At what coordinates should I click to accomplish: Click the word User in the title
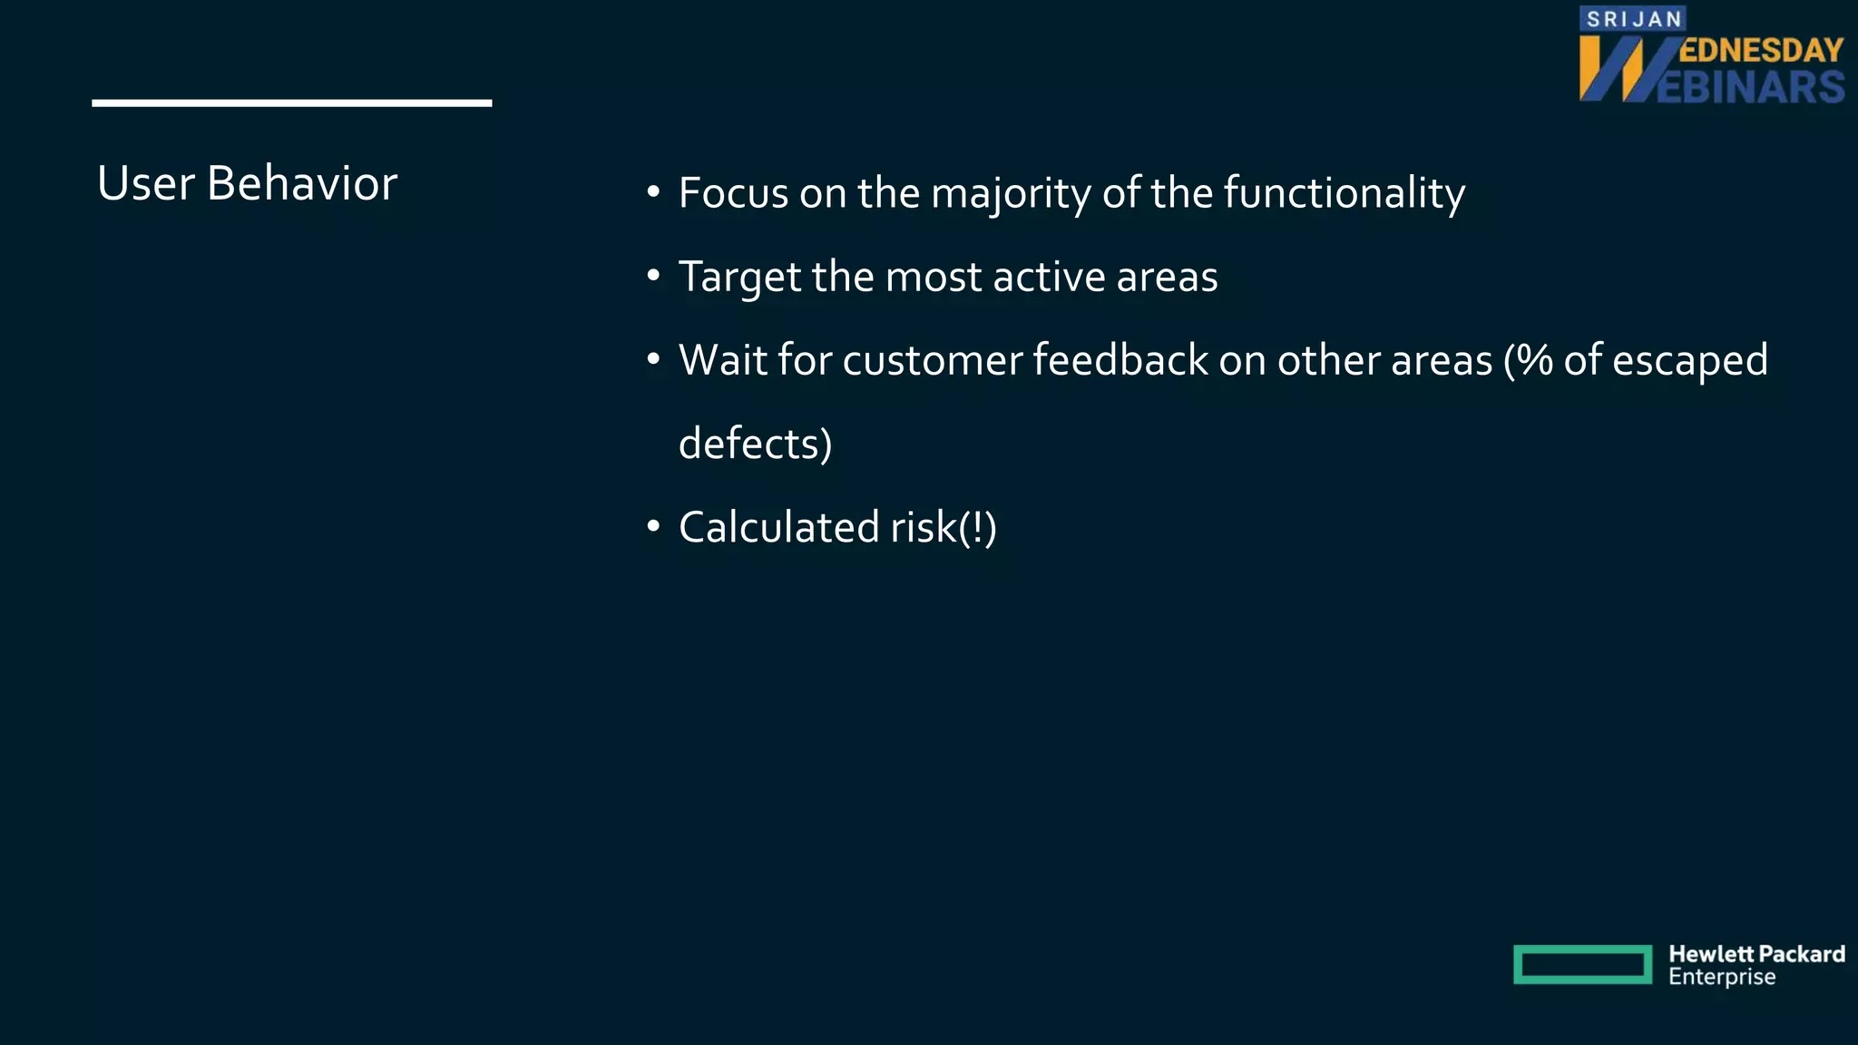pyautogui.click(x=145, y=183)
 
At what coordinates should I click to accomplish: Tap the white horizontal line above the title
pyautogui.click(x=291, y=103)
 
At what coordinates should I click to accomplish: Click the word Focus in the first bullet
pyautogui.click(x=733, y=193)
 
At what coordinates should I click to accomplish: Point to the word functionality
pyautogui.click(x=1344, y=193)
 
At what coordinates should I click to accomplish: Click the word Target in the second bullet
pyautogui.click(x=738, y=278)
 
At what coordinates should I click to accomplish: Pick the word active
pyautogui.click(x=1049, y=277)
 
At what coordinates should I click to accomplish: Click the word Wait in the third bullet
pyautogui.click(x=722, y=360)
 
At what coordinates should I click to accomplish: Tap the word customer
pyautogui.click(x=933, y=361)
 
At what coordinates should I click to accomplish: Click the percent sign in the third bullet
pyautogui.click(x=1535, y=360)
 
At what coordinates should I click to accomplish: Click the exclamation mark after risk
pyautogui.click(x=977, y=528)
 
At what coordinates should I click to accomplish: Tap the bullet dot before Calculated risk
pyautogui.click(x=653, y=526)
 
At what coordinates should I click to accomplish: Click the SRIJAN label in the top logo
pyautogui.click(x=1633, y=19)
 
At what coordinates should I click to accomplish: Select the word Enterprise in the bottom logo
pyautogui.click(x=1721, y=977)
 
